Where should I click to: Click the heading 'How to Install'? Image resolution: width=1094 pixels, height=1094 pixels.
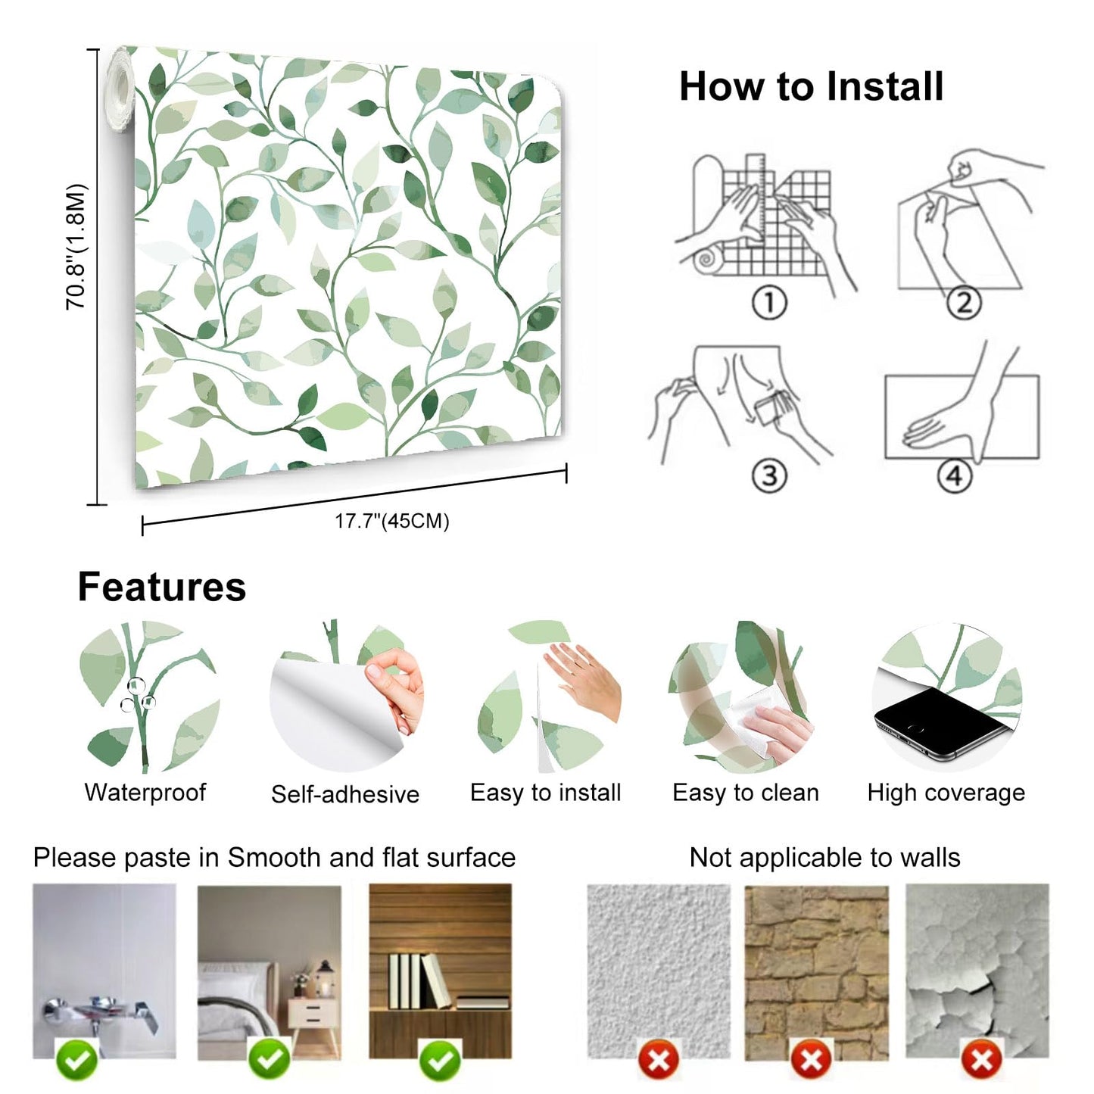point(811,86)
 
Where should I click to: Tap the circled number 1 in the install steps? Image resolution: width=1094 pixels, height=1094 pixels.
point(769,303)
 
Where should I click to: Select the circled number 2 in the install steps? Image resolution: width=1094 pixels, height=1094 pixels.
point(964,303)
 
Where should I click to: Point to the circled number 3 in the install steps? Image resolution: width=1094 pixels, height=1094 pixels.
point(769,476)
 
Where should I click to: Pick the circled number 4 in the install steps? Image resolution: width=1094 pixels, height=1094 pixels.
point(955,476)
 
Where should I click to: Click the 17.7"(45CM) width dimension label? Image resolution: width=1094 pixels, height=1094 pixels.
point(392,521)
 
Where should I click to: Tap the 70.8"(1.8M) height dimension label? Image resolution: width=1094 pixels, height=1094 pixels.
point(76,247)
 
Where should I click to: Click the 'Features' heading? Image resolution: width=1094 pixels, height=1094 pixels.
point(162,588)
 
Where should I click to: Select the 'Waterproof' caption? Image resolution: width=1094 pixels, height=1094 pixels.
point(145,793)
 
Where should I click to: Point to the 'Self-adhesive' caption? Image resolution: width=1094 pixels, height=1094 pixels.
point(345,794)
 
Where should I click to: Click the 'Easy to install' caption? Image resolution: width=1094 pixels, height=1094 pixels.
point(545,793)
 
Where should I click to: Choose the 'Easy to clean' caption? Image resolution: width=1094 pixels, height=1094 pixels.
point(746,793)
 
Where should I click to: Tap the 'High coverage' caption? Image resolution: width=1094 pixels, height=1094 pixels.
point(946,793)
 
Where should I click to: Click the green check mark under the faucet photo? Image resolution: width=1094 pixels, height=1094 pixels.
point(77,1061)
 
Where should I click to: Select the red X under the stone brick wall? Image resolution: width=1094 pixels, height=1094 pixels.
point(812,1059)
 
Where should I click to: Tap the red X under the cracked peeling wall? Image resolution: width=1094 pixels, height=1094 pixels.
point(982,1059)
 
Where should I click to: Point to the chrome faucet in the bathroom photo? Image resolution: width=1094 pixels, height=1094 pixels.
point(98,1011)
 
